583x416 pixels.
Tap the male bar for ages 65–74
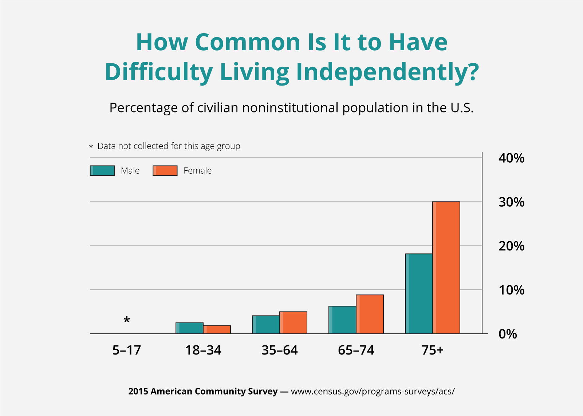click(342, 320)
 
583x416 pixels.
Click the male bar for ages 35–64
click(266, 325)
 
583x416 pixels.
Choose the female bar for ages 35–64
click(293, 323)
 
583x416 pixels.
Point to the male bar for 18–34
click(189, 328)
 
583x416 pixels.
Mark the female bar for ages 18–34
click(217, 329)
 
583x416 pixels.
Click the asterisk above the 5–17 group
click(126, 321)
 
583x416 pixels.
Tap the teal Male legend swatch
click(102, 171)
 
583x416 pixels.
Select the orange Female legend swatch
click(165, 171)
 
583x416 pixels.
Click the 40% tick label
click(511, 158)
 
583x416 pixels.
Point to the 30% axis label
click(511, 202)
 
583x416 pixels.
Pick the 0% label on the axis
click(508, 334)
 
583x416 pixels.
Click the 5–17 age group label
click(126, 350)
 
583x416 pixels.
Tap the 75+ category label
click(433, 350)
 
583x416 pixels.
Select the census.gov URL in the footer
click(373, 392)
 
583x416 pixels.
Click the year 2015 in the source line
click(138, 392)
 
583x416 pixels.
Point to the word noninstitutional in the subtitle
click(290, 108)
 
